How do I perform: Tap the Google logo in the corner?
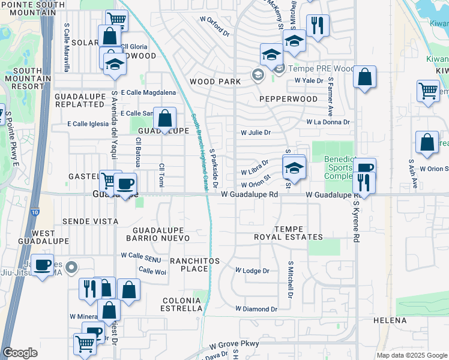tap(20, 353)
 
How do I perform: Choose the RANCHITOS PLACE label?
tap(194, 265)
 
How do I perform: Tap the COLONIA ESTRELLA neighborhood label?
tap(181, 304)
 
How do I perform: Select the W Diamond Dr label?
tap(256, 310)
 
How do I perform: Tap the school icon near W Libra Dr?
tap(294, 169)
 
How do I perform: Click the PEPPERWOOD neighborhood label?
tap(289, 98)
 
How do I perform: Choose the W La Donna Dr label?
tap(328, 122)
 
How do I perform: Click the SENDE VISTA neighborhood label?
tap(92, 221)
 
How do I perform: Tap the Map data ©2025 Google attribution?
tap(412, 355)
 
